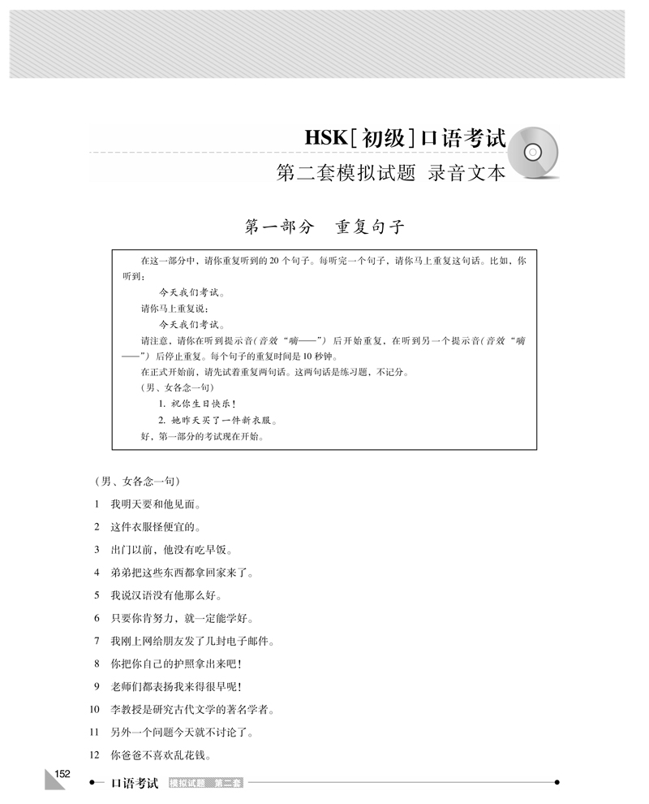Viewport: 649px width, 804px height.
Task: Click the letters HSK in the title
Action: point(323,137)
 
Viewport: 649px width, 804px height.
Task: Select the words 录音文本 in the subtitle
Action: point(468,172)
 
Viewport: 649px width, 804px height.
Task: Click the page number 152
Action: point(63,772)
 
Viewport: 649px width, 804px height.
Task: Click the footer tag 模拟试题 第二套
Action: point(206,784)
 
